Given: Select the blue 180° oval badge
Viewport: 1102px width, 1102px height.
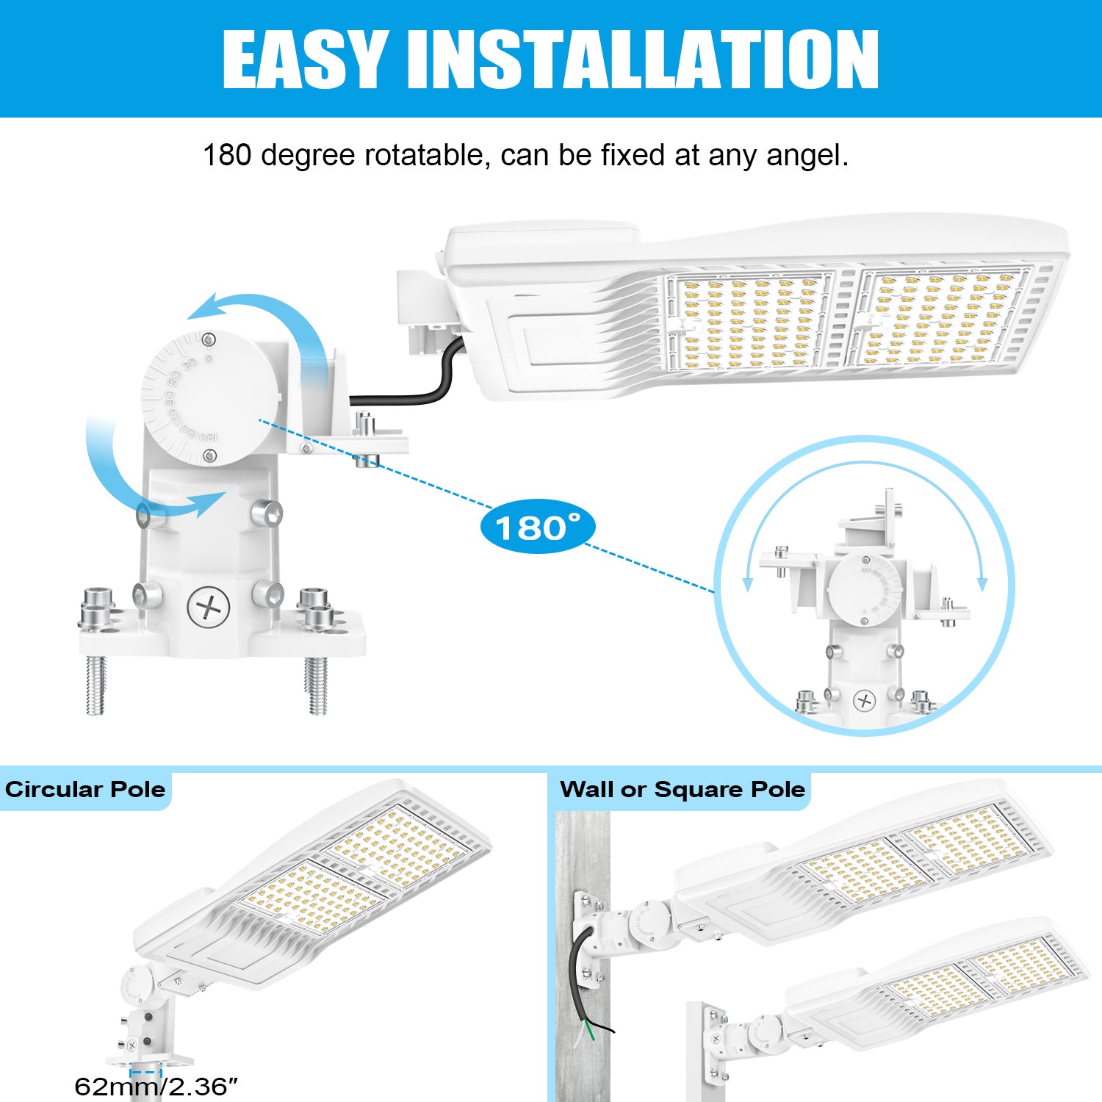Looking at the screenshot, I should tap(537, 527).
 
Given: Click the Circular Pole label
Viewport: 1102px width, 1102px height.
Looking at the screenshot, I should tap(85, 789).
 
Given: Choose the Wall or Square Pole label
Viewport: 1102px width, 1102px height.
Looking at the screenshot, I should tap(683, 789).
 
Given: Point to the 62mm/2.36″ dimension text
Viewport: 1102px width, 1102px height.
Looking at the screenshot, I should tap(156, 1086).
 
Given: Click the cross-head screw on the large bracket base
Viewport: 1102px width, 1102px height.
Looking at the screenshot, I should tap(209, 608).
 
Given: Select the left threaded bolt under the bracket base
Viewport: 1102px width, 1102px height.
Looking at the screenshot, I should tap(96, 685).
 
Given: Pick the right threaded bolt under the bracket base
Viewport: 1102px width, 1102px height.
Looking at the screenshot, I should tap(317, 685).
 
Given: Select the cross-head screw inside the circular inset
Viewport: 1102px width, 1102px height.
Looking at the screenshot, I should tap(865, 701).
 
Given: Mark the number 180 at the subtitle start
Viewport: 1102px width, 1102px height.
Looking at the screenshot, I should tap(227, 155).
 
